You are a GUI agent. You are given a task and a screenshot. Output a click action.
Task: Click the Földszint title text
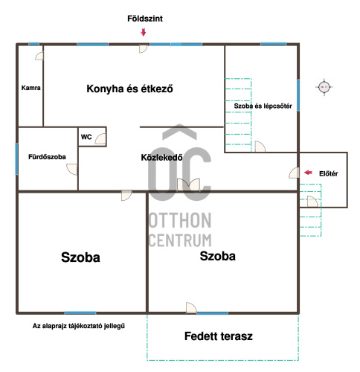145,19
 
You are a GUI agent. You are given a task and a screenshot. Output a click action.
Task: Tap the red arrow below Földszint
144,33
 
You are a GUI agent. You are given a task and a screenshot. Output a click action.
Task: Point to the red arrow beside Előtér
308,173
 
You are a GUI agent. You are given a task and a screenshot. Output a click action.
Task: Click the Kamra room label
30,88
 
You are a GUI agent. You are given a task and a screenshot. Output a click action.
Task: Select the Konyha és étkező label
129,89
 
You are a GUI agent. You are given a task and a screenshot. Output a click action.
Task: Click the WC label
86,137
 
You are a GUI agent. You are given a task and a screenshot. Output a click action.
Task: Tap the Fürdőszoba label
47,157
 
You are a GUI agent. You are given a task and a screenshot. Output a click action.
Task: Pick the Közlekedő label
161,158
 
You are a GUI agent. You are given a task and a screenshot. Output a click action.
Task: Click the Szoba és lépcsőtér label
263,106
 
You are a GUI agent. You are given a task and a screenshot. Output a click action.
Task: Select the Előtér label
328,173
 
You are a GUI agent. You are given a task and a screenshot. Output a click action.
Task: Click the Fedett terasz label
219,336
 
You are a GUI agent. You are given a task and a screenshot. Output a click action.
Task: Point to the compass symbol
324,87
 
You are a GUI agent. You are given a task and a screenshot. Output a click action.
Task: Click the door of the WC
100,138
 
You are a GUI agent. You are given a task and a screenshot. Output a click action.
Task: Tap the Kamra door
39,56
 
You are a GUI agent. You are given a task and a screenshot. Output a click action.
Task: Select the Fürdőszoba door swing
72,170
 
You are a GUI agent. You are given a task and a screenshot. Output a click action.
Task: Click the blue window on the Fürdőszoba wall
16,159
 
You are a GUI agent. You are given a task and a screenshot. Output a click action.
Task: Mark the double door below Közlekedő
189,185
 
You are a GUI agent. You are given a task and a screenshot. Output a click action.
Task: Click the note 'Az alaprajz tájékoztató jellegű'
79,326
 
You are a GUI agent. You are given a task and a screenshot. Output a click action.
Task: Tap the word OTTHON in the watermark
180,220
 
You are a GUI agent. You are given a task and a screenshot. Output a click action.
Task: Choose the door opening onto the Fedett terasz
191,308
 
